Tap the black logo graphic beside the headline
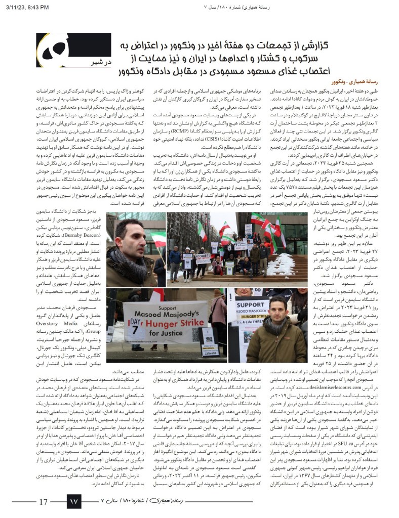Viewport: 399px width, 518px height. pos(56,51)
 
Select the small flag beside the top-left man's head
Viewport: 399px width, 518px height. pos(158,240)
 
